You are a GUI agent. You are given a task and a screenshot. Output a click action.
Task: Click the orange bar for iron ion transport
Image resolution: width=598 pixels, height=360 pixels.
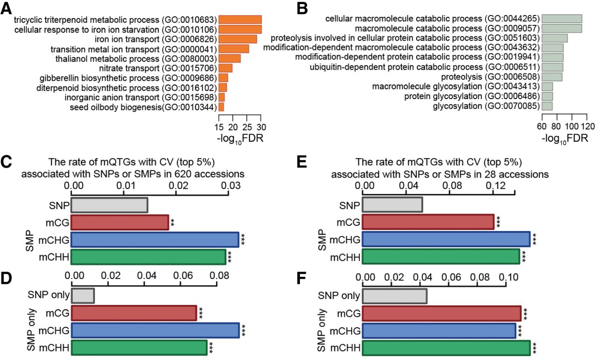point(238,39)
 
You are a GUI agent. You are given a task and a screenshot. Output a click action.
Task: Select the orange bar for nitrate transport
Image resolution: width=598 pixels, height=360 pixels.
point(225,68)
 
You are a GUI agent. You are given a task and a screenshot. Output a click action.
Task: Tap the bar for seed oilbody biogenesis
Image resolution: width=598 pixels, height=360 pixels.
point(221,107)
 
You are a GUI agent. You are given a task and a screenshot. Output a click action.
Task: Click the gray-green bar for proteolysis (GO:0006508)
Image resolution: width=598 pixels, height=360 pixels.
point(552,77)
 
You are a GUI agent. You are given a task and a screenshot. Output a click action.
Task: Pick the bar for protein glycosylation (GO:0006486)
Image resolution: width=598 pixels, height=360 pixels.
point(547,96)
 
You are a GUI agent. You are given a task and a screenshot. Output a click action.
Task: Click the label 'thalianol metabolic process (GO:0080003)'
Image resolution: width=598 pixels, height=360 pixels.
point(136,59)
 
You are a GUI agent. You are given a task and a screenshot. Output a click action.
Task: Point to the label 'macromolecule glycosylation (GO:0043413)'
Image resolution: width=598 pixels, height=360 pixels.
point(456,86)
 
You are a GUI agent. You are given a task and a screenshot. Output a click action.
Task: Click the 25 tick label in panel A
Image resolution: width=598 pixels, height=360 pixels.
point(247,127)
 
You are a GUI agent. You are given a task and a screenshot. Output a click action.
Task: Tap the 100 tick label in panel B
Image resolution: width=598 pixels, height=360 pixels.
point(572,126)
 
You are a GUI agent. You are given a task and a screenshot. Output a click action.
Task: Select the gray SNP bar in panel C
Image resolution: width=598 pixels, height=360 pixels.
point(109,205)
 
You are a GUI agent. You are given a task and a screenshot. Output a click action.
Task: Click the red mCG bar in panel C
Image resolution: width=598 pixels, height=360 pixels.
point(120,222)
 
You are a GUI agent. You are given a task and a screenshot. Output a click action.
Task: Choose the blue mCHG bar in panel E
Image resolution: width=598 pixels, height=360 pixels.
point(446,239)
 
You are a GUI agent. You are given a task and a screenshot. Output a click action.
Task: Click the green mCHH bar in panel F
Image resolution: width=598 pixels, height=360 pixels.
point(446,348)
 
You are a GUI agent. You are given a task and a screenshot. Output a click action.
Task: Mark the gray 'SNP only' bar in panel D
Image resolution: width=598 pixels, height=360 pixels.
point(83,295)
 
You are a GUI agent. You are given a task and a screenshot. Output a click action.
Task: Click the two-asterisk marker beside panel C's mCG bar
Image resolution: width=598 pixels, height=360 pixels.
point(172,223)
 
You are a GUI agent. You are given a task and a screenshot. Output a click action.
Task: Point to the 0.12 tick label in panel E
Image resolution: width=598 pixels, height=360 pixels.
point(496,185)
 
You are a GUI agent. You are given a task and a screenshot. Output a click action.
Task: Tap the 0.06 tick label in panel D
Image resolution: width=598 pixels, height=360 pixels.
point(183,275)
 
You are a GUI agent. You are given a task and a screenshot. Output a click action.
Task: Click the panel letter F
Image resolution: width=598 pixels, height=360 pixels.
point(301,278)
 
